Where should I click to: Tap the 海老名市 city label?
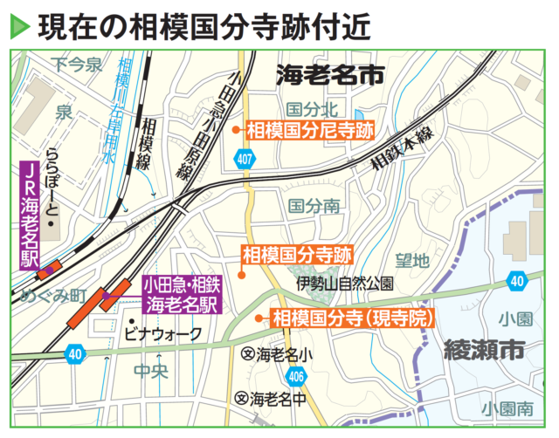click(330, 75)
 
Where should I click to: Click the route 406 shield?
click(295, 377)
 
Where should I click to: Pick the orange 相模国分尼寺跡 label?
click(309, 131)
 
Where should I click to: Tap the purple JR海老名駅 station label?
click(31, 214)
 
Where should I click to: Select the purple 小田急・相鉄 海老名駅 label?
click(183, 295)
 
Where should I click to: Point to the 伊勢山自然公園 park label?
click(345, 284)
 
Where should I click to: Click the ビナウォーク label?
click(164, 333)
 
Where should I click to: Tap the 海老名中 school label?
click(272, 400)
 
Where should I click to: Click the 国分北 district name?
click(312, 109)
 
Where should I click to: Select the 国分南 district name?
click(314, 206)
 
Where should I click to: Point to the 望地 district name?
click(412, 260)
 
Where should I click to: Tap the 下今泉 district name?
click(77, 64)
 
